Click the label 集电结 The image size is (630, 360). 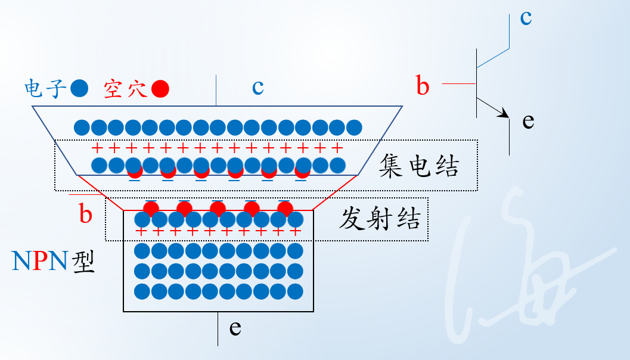[x=419, y=166]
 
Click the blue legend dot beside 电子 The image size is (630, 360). [x=79, y=89]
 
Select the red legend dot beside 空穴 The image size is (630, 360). [x=160, y=89]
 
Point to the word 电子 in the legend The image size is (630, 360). [x=45, y=89]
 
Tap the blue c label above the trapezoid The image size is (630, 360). [x=257, y=88]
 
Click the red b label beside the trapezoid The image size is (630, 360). [x=86, y=215]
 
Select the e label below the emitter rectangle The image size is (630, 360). [x=235, y=328]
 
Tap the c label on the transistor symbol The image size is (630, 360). [x=525, y=18]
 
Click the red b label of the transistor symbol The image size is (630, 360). [x=423, y=87]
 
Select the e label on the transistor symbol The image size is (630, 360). [x=527, y=122]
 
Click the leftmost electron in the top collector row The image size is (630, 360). [x=82, y=127]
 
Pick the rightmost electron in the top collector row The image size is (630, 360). [x=354, y=127]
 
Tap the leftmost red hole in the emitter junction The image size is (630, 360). [x=151, y=208]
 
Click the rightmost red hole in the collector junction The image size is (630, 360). [x=303, y=172]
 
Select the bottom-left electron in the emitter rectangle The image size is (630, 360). [x=142, y=291]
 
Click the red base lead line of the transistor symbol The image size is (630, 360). [x=459, y=83]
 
